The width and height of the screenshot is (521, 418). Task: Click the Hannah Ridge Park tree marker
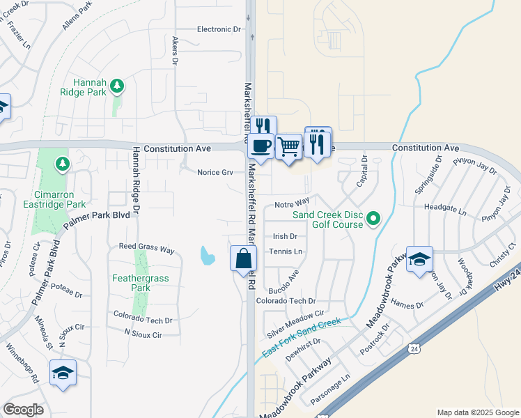click(x=118, y=86)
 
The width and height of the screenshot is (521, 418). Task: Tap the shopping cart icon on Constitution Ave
click(x=289, y=146)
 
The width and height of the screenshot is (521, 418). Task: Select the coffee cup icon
click(x=262, y=146)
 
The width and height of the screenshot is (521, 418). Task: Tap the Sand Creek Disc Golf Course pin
click(x=373, y=219)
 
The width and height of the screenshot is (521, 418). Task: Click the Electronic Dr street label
click(x=219, y=29)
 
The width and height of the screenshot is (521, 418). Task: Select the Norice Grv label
click(x=215, y=172)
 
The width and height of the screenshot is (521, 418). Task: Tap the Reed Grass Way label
click(x=146, y=248)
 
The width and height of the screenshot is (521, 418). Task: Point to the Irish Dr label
click(x=285, y=237)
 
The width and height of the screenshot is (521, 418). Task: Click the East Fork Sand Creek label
click(x=301, y=339)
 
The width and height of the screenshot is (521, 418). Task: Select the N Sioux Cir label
click(x=143, y=334)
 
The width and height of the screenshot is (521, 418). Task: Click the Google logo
click(x=23, y=410)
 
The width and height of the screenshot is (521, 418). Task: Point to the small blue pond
click(x=207, y=256)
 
